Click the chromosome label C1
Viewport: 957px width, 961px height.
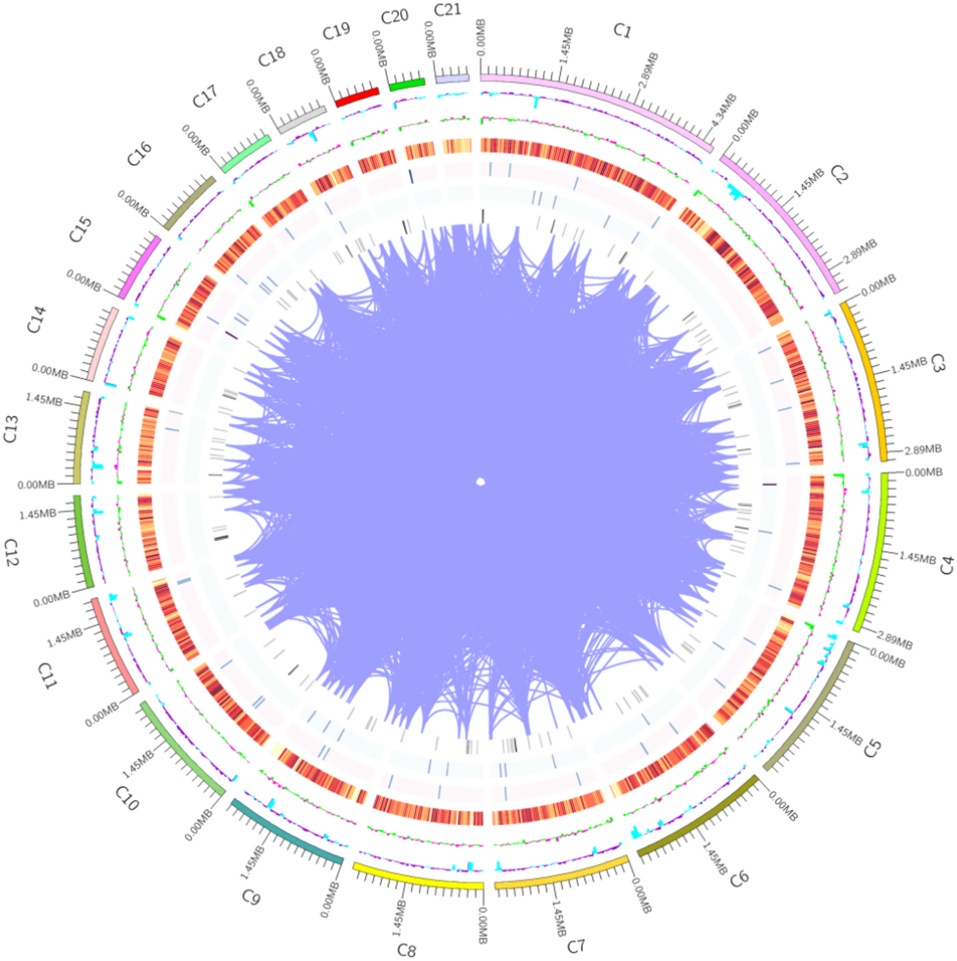click(x=622, y=31)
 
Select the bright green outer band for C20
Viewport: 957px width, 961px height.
click(x=407, y=84)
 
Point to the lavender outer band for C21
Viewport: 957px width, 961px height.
click(x=452, y=78)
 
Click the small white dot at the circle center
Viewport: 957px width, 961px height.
click(x=480, y=481)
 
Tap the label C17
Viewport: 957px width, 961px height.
click(x=205, y=96)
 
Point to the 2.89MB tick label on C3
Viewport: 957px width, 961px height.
click(x=923, y=449)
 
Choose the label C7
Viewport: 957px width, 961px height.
click(x=576, y=945)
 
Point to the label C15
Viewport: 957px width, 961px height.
click(x=80, y=230)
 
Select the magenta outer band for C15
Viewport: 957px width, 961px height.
click(x=140, y=267)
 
